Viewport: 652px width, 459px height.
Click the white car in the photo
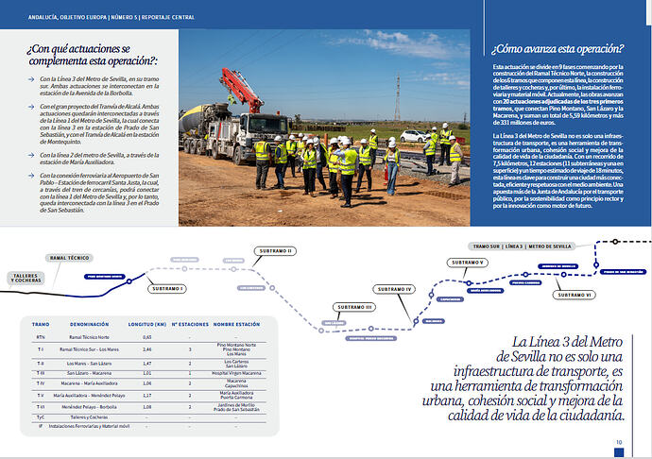(413, 136)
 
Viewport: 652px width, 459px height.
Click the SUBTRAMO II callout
(275, 251)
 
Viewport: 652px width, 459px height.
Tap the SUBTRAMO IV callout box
(394, 288)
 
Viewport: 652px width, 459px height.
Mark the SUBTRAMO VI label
(574, 295)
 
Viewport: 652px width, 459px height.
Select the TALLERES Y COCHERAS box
(26, 278)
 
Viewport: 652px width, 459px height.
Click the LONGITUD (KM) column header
(146, 323)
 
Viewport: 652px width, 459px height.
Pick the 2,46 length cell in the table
(146, 348)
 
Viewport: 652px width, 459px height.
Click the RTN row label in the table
(40, 336)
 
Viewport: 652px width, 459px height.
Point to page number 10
(618, 441)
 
